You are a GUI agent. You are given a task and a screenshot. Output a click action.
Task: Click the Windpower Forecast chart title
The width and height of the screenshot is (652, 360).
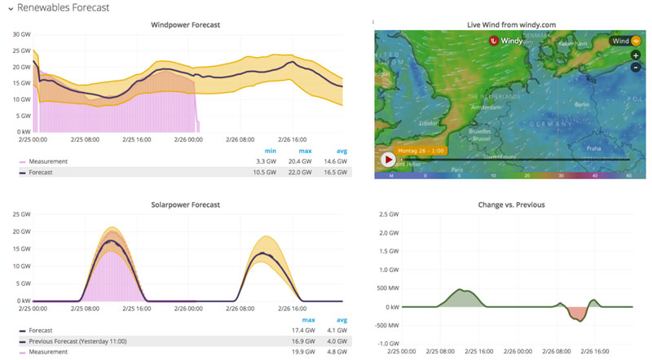pos(185,24)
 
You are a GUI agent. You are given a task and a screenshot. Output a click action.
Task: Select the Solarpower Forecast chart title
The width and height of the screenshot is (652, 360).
pos(185,204)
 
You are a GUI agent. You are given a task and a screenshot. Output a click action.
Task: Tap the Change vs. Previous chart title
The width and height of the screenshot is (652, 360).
pos(511,204)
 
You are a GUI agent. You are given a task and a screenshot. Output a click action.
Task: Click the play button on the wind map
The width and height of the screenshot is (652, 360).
pos(388,159)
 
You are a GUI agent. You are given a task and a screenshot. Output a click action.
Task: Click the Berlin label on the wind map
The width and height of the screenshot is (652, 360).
pos(581,105)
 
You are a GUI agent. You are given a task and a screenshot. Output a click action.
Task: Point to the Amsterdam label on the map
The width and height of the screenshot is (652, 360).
pos(486,107)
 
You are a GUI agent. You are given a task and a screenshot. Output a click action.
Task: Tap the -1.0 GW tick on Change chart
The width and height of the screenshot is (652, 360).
pos(386,343)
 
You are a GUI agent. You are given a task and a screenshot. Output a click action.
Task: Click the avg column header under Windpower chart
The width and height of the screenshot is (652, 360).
pos(341,150)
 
